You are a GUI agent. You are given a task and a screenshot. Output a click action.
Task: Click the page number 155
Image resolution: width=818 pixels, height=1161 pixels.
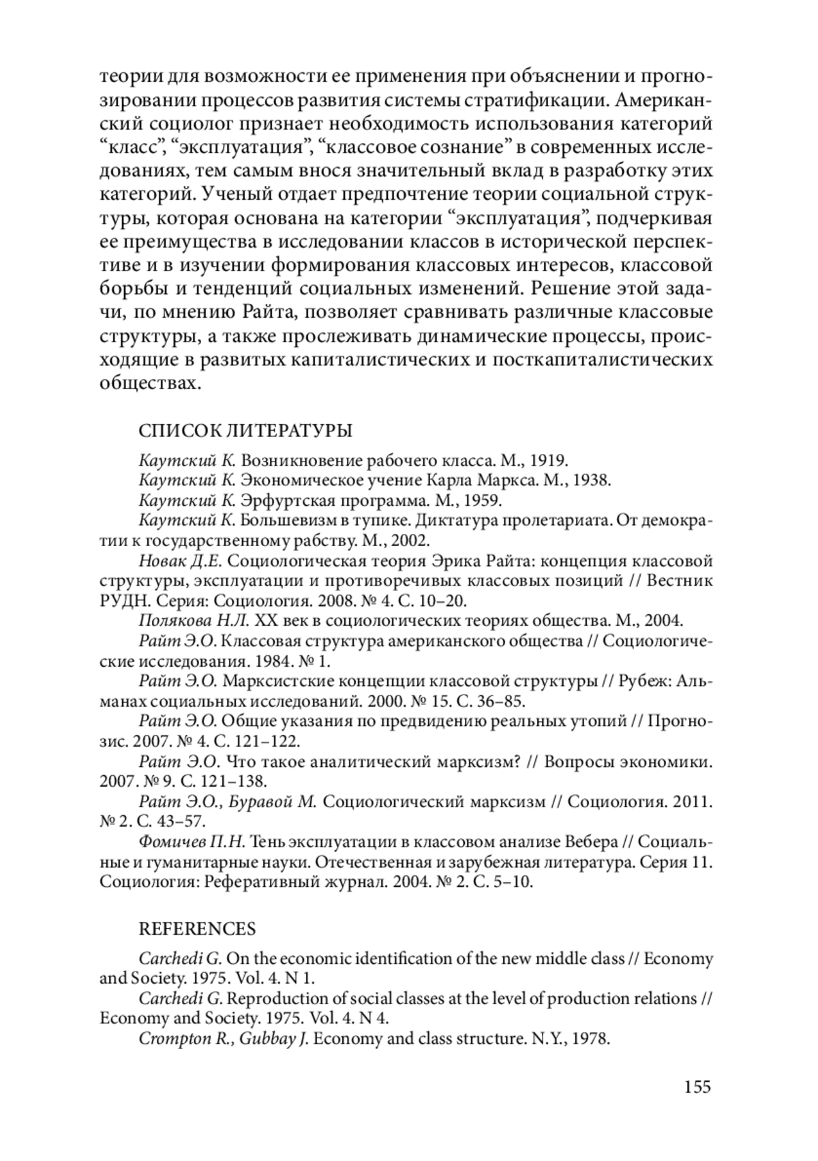[x=697, y=1085]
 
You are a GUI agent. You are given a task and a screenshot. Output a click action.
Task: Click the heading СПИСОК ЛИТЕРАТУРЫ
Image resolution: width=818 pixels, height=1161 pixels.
[x=245, y=431]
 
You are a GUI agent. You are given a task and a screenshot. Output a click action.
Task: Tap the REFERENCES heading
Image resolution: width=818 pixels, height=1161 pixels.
[x=197, y=929]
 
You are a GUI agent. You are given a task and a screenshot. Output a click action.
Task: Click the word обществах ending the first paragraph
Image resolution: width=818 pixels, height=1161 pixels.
[x=151, y=383]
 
